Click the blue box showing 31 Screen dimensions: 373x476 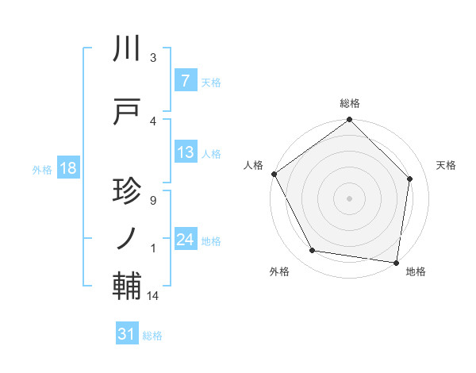click(126, 334)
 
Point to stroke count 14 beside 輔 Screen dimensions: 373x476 click(153, 296)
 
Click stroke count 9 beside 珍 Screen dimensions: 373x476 click(152, 200)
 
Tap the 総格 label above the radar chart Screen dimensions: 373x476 click(349, 103)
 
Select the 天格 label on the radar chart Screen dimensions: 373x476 click(446, 165)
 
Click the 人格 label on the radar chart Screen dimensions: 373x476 click(254, 165)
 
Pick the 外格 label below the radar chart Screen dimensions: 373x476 click(279, 271)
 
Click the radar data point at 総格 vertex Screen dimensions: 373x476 click(349, 120)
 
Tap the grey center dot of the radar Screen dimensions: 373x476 click(349, 198)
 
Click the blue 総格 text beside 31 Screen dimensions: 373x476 click(152, 336)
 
